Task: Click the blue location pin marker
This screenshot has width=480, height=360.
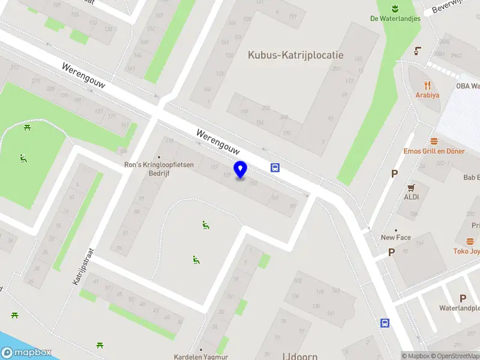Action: (241, 170)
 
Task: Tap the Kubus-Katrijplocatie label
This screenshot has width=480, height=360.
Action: (296, 55)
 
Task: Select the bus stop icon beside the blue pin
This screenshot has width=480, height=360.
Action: (275, 167)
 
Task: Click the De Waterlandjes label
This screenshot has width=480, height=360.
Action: (395, 18)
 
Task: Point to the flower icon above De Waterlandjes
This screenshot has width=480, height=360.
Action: (395, 8)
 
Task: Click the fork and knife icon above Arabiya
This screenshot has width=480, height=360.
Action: (427, 85)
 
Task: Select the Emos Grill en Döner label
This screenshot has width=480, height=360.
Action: (434, 151)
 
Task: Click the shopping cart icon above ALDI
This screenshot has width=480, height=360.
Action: (412, 187)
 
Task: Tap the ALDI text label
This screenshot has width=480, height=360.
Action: (412, 197)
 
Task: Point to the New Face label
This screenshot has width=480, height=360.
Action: (396, 238)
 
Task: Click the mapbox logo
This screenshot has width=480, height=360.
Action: (26, 353)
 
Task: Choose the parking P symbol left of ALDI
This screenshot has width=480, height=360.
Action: (394, 174)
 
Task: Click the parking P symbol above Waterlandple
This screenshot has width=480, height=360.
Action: (463, 298)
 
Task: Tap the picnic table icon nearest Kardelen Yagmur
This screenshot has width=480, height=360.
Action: (100, 345)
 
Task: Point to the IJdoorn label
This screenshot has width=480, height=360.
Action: (301, 356)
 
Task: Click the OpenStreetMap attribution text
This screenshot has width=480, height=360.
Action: (455, 356)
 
